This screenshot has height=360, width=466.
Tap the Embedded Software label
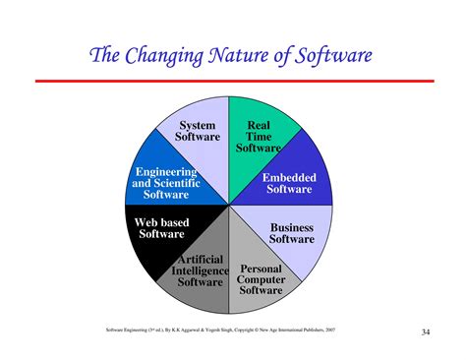click(288, 183)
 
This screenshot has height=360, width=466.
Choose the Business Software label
click(292, 233)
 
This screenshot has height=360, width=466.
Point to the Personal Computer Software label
click(261, 278)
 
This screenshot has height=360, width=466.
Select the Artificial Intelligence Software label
click(200, 270)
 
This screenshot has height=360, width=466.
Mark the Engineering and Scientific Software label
click(166, 184)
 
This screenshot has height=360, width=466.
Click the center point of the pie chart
click(229, 206)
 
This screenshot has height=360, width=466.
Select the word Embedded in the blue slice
click(289, 177)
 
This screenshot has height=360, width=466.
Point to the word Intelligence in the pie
click(200, 270)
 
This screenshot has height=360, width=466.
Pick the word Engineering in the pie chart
click(167, 172)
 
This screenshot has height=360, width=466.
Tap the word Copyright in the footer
click(260, 330)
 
